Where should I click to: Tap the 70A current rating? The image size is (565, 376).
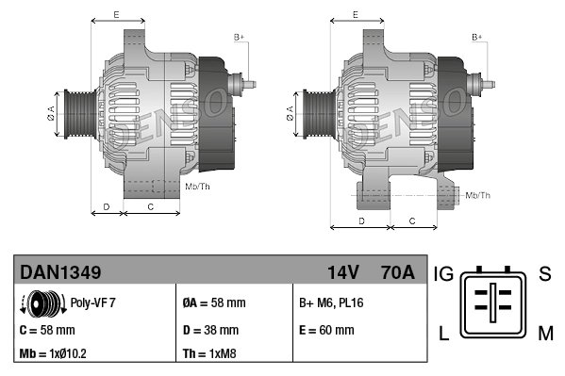tap(395, 272)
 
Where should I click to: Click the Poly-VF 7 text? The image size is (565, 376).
tap(92, 303)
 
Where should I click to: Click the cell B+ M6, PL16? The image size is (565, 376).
tap(331, 303)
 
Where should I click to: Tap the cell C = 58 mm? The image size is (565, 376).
tap(47, 331)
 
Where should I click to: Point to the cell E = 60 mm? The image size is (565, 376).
tap(327, 331)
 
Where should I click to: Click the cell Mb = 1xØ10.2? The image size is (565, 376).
tap(56, 355)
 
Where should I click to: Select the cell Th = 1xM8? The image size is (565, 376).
tap(208, 355)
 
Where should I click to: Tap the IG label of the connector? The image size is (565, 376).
tap(444, 274)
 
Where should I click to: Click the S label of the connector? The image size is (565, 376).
tap(544, 274)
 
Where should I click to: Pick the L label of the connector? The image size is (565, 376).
tap(443, 331)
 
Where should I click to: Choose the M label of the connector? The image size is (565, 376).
tap(545, 331)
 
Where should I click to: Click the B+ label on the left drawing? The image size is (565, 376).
tap(239, 37)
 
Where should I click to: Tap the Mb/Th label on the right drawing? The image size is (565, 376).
tap(477, 195)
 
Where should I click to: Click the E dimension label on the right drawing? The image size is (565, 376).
tap(355, 14)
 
